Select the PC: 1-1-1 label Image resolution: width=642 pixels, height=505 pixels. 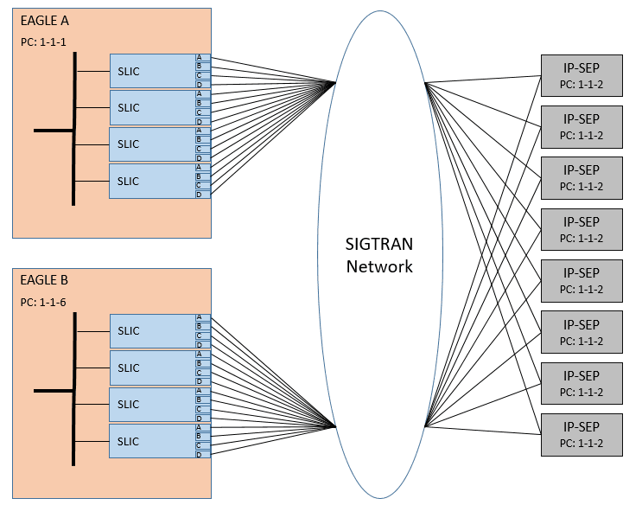click(x=42, y=42)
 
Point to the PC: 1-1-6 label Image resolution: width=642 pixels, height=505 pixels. click(x=42, y=303)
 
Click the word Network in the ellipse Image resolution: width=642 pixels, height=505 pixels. click(x=379, y=266)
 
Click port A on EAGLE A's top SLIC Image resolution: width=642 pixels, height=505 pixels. click(x=200, y=58)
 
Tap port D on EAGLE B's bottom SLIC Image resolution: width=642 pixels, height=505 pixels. click(x=200, y=455)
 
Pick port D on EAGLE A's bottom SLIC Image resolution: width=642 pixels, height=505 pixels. click(x=200, y=195)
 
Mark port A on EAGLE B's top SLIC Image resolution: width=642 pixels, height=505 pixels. click(x=200, y=318)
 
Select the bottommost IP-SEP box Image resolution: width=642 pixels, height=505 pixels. click(x=581, y=435)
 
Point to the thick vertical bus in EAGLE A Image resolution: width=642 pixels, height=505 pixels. click(x=74, y=130)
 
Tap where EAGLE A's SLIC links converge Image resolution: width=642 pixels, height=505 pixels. click(x=335, y=84)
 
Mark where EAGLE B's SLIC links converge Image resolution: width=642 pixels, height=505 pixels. click(x=335, y=426)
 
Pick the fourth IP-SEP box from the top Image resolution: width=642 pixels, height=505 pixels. click(x=581, y=229)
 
